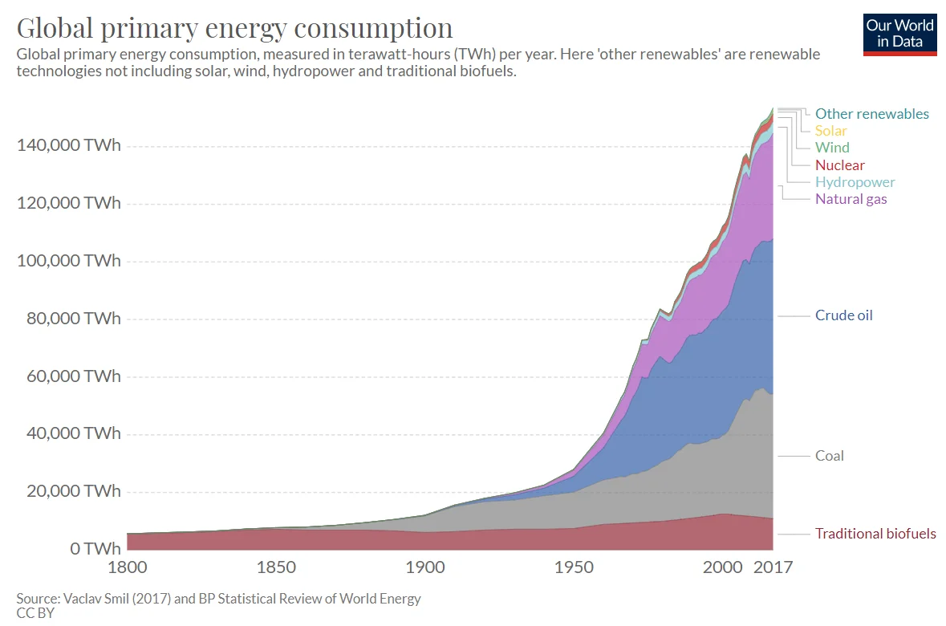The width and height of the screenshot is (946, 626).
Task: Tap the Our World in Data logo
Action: pos(899,34)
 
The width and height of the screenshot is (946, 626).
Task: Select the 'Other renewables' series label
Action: pos(871,114)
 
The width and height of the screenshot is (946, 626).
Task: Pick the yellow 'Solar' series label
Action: pos(830,131)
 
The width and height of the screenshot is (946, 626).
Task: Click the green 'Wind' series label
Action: pos(832,148)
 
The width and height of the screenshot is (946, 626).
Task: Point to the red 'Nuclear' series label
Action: pos(839,165)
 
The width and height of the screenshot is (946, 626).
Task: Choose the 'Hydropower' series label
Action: pos(855,182)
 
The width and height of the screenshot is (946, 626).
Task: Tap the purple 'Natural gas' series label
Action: pos(851,199)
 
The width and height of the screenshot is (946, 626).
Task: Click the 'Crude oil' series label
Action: pos(843,315)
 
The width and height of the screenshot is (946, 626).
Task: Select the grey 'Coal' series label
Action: pos(829,456)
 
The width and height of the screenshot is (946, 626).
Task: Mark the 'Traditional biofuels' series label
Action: pos(875,534)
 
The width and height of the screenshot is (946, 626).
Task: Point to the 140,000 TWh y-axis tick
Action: pos(68,146)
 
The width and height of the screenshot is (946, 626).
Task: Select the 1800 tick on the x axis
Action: pos(127,568)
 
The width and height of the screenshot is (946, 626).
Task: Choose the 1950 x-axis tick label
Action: pos(573,568)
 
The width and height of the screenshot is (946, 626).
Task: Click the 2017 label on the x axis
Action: pos(773,568)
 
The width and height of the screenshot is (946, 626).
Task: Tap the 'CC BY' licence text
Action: pos(35,613)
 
